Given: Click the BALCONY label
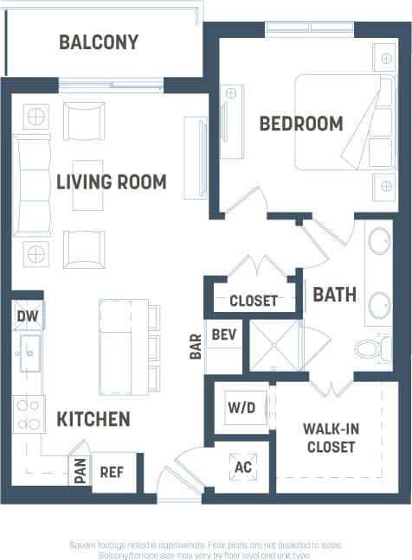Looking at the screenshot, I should (x=99, y=42).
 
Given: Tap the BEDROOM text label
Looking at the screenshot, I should (x=301, y=124).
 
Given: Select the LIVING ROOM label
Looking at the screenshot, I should (x=111, y=182).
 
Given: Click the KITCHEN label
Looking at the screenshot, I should (x=93, y=420).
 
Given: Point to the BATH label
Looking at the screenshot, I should (x=334, y=295).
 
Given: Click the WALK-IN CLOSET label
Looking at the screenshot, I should (x=330, y=438).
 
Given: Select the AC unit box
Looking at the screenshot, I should (x=242, y=467).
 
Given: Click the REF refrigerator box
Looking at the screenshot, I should (x=113, y=472).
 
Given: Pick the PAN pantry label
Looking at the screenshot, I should (x=80, y=472).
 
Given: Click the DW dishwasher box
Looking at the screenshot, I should (x=26, y=316).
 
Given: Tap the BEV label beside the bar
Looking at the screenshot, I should (x=224, y=334).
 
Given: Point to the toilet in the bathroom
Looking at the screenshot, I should (x=369, y=349).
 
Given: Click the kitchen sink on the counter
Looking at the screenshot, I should (x=29, y=353).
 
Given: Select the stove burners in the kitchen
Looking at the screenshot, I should (x=29, y=414).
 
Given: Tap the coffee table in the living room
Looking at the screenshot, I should (x=87, y=184).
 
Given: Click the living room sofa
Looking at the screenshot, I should (x=31, y=185).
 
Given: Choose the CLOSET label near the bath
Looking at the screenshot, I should (x=254, y=301).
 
